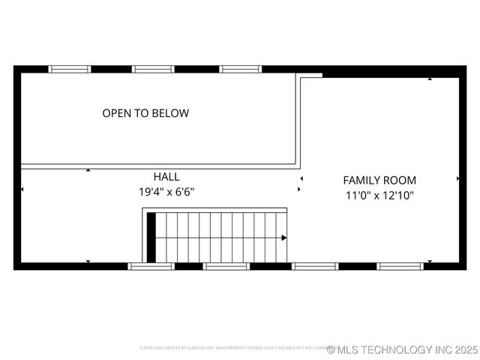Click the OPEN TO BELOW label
(x=145, y=113)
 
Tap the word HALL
(x=166, y=176)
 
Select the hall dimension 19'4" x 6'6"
(x=166, y=191)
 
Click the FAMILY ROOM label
(x=379, y=180)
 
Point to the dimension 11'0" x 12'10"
(x=379, y=195)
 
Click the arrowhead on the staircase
(x=283, y=238)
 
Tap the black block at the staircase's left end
(x=151, y=238)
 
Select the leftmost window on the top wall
(x=70, y=69)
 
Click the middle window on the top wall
(x=153, y=69)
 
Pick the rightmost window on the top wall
(x=241, y=69)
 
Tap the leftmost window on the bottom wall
(x=151, y=265)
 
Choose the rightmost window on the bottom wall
(x=400, y=265)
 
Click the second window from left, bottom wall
(x=226, y=265)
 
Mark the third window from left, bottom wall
(x=315, y=265)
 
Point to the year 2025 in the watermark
(x=465, y=349)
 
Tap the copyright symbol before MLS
(x=331, y=349)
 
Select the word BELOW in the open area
(x=170, y=113)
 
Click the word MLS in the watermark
(x=349, y=349)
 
